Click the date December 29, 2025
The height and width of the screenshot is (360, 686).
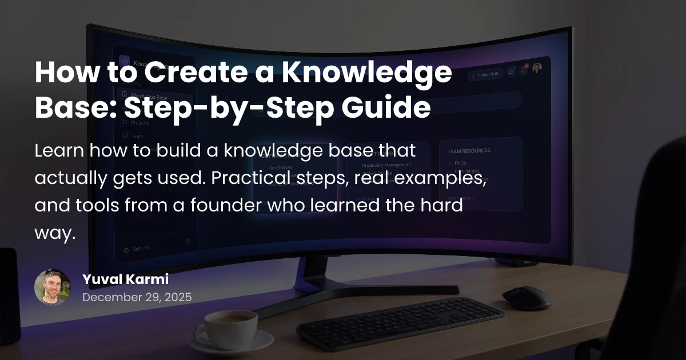coord(137,297)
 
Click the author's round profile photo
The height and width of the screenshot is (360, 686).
coord(52,287)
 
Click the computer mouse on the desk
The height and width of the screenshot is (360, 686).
coord(526,298)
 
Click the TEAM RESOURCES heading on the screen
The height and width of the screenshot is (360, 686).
coord(469,151)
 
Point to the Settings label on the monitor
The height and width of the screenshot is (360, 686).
coord(141,249)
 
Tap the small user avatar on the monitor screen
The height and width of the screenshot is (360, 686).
coord(537,68)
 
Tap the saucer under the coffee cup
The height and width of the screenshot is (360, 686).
coord(232,345)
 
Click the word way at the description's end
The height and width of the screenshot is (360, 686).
coord(54,234)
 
